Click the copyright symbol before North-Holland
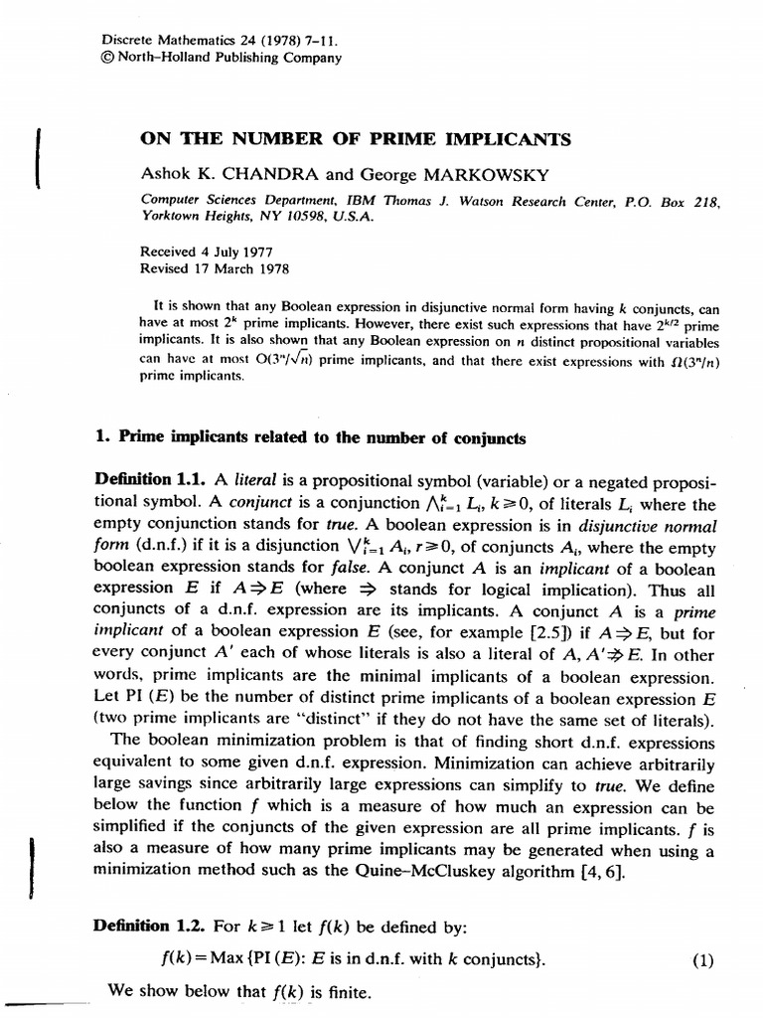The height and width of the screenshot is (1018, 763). coord(109,58)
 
